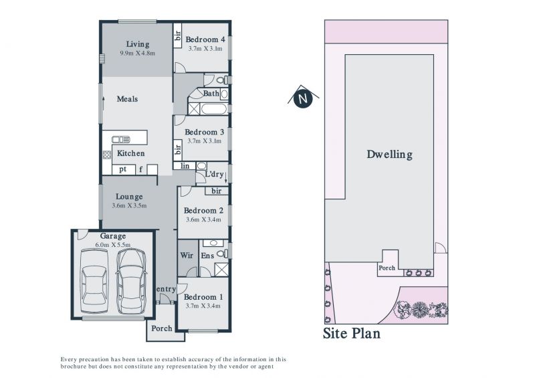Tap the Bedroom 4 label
coord(205,39)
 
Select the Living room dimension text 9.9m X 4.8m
coord(138,53)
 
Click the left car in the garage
coord(94,281)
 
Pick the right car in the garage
coord(132,281)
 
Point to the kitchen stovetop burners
coord(107,155)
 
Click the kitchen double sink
coord(121,139)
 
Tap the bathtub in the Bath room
coord(213,109)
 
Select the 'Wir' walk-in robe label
coord(187,255)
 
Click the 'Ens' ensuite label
coord(207,256)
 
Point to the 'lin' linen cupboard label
coord(185,166)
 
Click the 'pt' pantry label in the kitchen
coord(123,169)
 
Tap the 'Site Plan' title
coord(352,333)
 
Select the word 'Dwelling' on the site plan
coord(389,155)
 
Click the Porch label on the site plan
coord(387,268)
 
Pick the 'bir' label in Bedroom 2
coord(216,191)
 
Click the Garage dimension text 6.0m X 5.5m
coord(113,245)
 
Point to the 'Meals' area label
coord(127,99)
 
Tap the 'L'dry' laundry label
coord(214,174)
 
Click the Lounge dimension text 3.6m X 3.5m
coord(129,205)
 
